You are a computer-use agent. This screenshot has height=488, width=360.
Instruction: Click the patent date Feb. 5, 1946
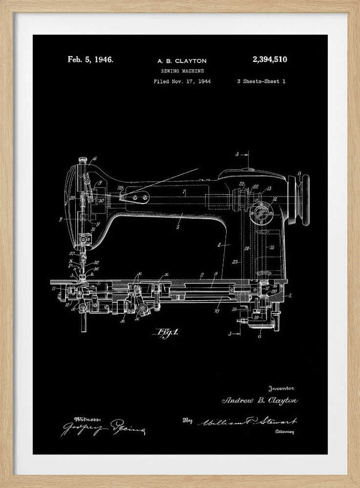[90, 60]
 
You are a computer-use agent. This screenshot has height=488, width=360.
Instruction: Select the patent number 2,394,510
[270, 60]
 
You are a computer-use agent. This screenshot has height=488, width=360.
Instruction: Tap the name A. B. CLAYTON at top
[182, 61]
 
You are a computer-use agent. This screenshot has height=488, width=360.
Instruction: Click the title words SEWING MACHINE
[182, 71]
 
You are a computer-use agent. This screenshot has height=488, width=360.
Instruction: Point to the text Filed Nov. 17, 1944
[182, 81]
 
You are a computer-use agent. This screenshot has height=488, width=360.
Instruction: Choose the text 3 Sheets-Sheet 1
[261, 81]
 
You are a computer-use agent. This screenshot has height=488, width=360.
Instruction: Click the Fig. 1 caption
[167, 333]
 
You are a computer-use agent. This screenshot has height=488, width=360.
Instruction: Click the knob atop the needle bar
[83, 159]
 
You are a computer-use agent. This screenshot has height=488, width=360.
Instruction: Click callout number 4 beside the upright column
[219, 244]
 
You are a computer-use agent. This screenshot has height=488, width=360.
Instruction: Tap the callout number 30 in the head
[101, 200]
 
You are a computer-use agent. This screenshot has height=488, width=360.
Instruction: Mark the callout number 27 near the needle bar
[71, 253]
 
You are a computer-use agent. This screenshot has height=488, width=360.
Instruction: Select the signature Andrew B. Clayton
[259, 401]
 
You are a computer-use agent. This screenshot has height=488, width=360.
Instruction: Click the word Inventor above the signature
[281, 388]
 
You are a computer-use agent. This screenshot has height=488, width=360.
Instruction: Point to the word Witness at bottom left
[88, 419]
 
